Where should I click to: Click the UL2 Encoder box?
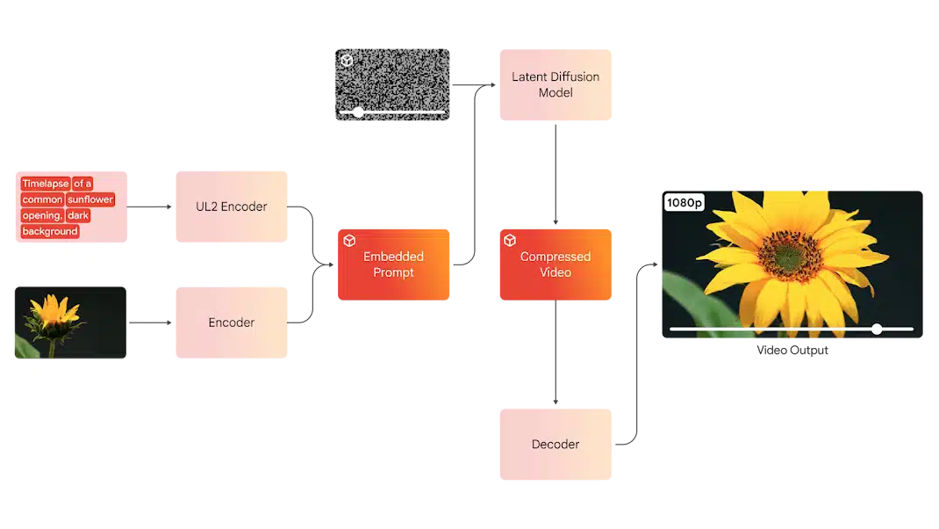coord(232,207)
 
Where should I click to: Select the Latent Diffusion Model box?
coord(557,85)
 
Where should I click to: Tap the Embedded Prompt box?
coord(395,264)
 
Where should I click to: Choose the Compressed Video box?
coord(556,264)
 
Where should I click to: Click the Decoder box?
coord(556,445)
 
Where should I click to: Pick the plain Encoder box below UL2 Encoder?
coord(232,322)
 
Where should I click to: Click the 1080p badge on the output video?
coord(685,203)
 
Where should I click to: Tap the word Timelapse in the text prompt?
coord(45,184)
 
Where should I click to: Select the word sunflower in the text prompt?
coord(90,199)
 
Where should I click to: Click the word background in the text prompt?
coord(50,231)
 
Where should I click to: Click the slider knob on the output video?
coord(877,329)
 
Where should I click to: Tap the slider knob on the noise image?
coord(358,112)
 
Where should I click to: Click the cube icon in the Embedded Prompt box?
coord(348,240)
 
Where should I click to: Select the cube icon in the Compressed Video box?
coord(510,240)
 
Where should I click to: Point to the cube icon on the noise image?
coord(347,61)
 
